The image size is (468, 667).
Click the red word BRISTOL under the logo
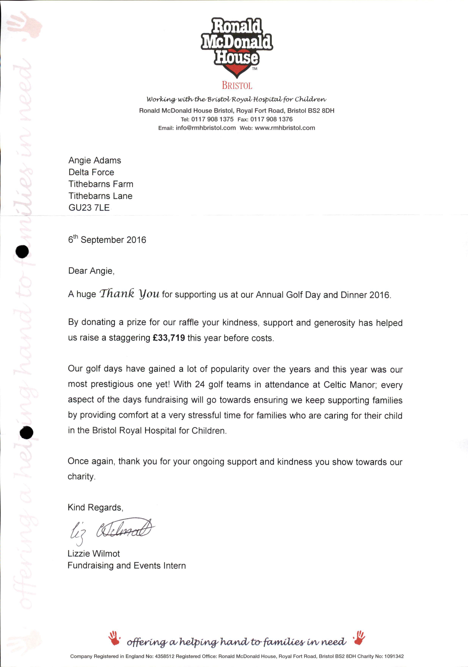[x=237, y=85]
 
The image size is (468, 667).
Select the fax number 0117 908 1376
[x=271, y=119]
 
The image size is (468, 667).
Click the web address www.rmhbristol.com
[x=285, y=128]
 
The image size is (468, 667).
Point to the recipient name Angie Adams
[x=95, y=160]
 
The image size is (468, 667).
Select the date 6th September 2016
[x=107, y=239]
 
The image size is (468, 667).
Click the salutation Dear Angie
[x=91, y=271]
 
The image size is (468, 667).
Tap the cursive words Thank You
[x=129, y=293]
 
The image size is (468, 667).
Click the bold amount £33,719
[x=169, y=337]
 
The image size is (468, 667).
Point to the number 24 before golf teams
[x=200, y=384]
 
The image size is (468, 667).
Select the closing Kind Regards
[x=95, y=507]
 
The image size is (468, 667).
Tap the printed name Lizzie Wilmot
[x=93, y=553]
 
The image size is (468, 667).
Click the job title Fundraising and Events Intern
[x=126, y=565]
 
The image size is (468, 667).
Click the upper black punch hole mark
[x=22, y=251]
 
